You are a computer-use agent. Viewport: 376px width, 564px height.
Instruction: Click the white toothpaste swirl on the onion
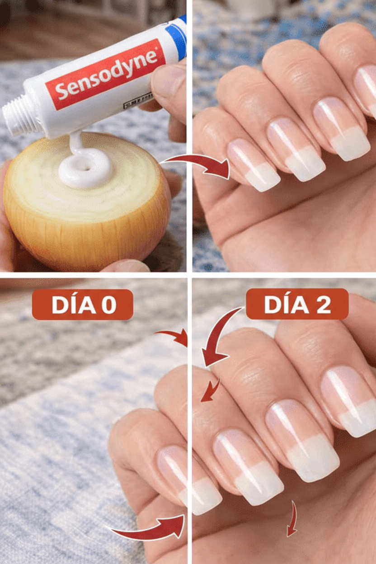(x=86, y=168)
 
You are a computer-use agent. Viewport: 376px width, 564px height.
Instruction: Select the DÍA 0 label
(x=82, y=305)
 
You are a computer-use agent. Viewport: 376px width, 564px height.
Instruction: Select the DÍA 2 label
(x=297, y=304)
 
